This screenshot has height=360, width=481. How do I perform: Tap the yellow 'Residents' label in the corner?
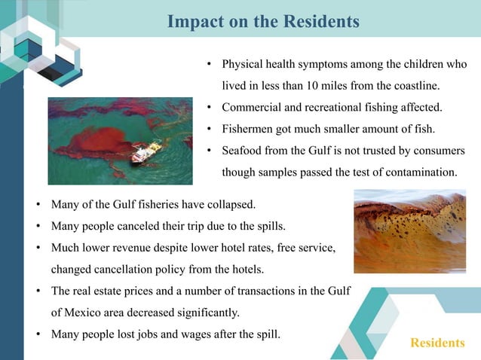pos(437,343)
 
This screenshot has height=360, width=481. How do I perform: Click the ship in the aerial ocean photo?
pos(145,153)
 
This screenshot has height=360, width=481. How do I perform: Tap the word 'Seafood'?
pos(244,150)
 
